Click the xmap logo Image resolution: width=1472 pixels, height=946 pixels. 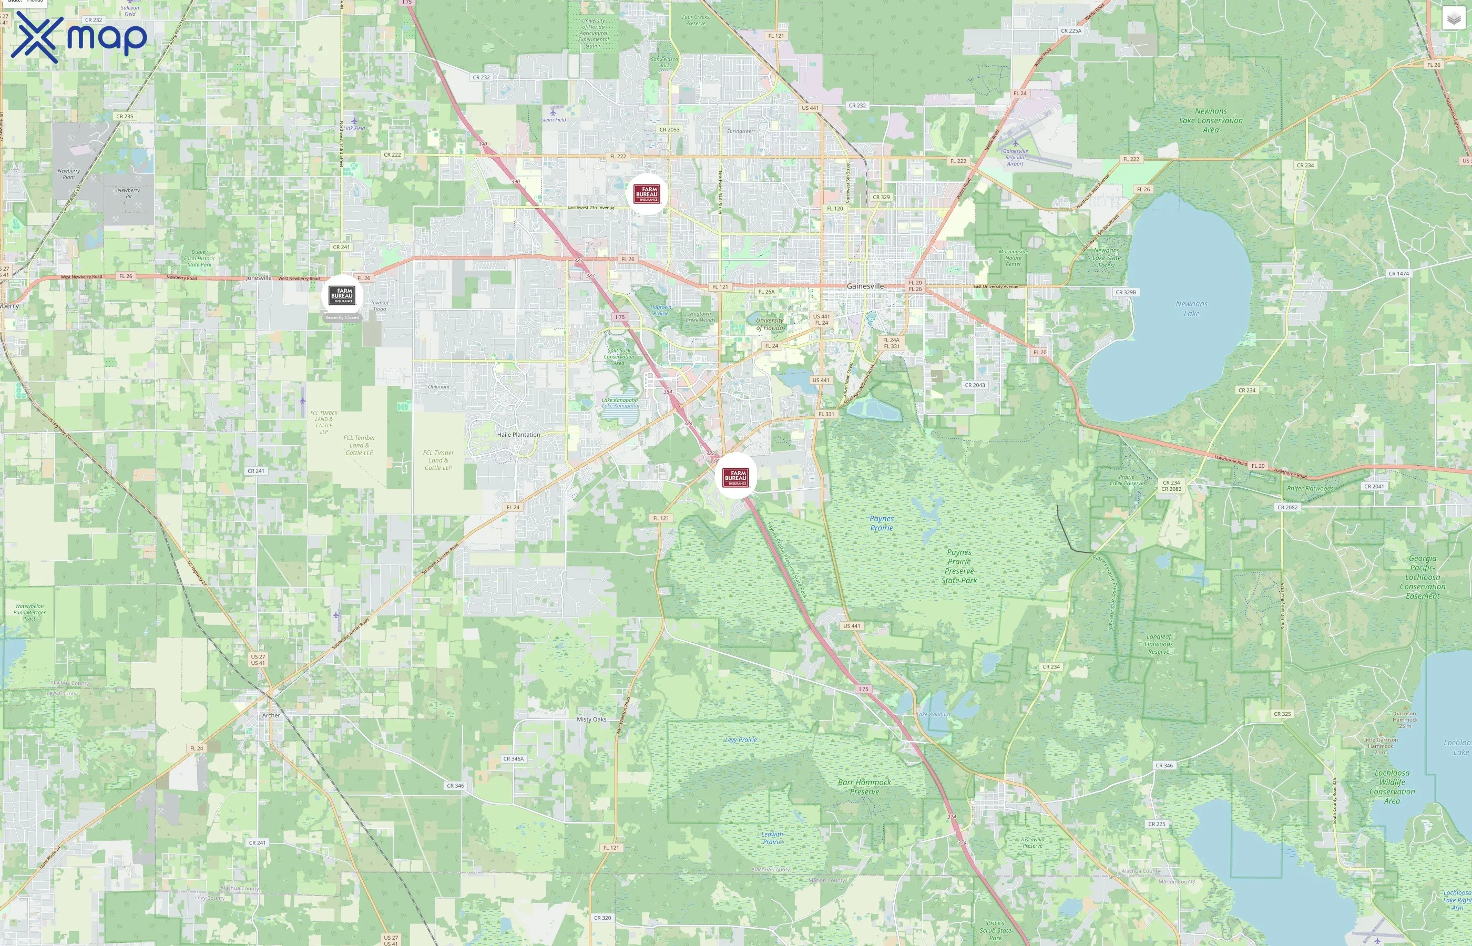[79, 37]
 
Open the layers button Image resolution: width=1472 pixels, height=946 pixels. [1453, 18]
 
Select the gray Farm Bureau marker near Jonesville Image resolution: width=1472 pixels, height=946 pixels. [342, 295]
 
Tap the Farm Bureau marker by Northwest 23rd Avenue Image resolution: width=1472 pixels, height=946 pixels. [647, 194]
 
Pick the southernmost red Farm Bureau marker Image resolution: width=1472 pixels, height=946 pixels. [735, 477]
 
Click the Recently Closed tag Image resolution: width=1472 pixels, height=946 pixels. [342, 317]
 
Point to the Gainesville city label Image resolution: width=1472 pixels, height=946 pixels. [865, 286]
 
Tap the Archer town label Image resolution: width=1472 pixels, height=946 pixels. [271, 715]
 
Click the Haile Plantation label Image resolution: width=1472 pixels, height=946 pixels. [518, 434]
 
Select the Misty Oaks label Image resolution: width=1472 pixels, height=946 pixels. [591, 719]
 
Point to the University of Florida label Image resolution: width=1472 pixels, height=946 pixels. [770, 324]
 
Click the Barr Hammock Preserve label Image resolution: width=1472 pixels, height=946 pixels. [864, 787]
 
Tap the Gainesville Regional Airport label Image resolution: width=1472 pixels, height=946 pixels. [1015, 157]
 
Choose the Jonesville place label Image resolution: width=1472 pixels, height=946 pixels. [259, 277]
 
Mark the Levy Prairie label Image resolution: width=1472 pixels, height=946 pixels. [741, 739]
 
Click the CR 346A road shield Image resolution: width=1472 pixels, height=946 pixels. [514, 759]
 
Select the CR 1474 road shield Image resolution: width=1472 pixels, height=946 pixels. [1399, 273]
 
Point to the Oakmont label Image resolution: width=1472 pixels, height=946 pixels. [438, 386]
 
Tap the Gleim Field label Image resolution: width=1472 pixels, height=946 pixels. [553, 120]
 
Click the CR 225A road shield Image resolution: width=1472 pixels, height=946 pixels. [1071, 30]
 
